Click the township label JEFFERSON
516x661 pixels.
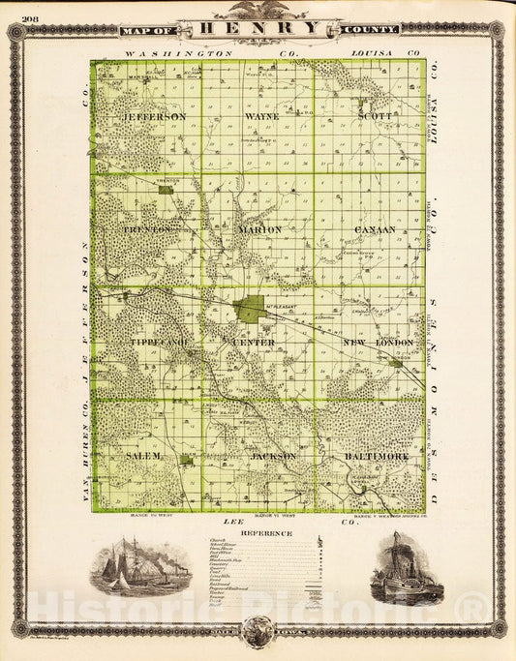(x=155, y=116)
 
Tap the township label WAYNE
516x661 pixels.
(x=261, y=116)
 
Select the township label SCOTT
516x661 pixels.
(x=375, y=116)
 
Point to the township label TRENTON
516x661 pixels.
(x=152, y=229)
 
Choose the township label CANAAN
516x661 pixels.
(x=375, y=229)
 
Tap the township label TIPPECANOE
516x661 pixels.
(x=159, y=343)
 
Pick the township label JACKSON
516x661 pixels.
(x=272, y=455)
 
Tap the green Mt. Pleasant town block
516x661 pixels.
(x=250, y=310)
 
